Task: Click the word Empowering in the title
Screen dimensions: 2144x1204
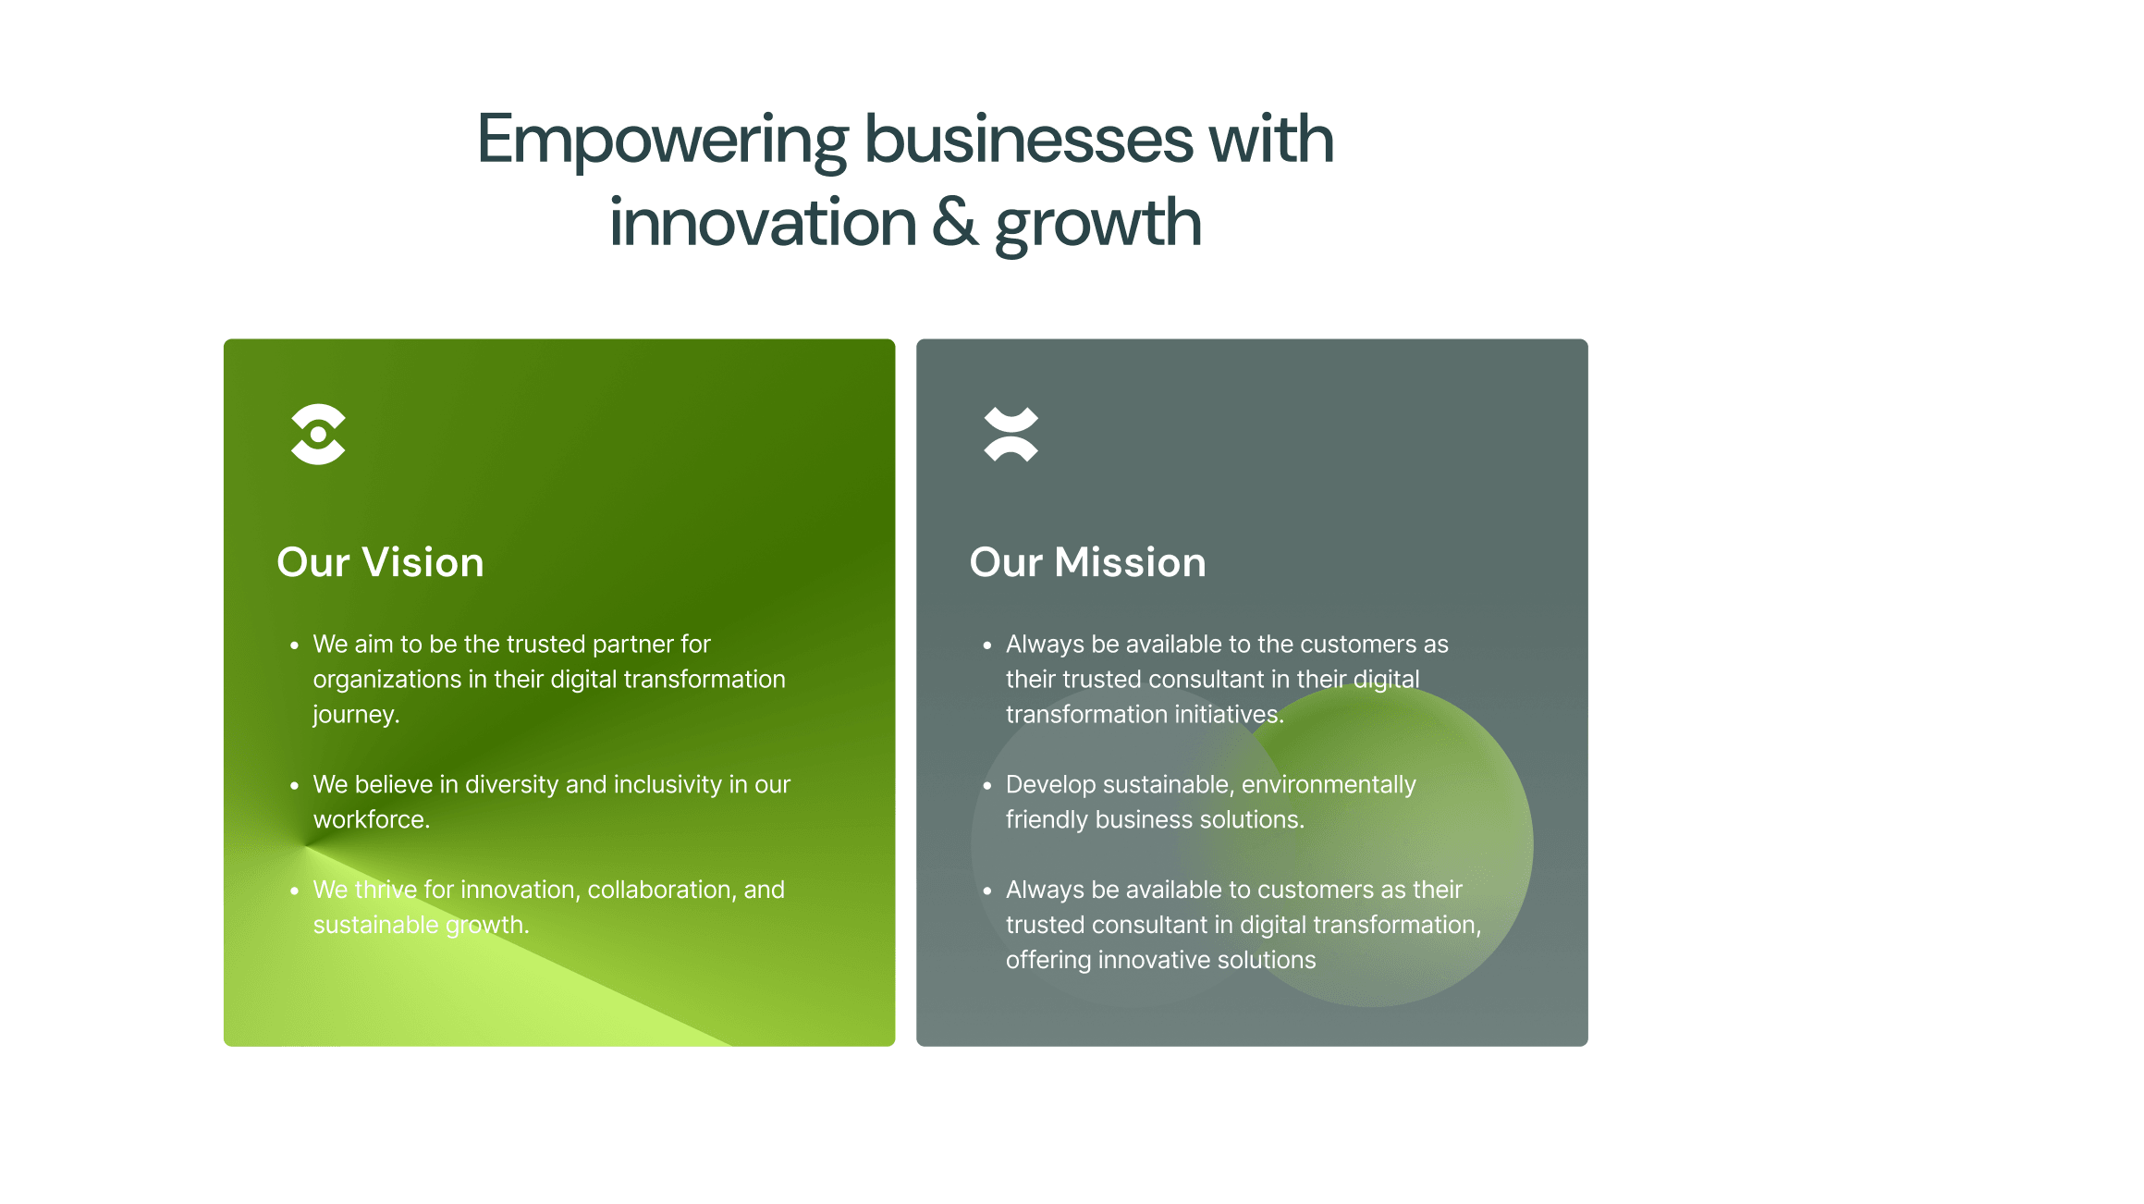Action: tap(662, 141)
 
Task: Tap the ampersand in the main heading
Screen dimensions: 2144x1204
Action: tap(954, 222)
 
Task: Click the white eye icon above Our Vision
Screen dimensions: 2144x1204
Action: tap(318, 434)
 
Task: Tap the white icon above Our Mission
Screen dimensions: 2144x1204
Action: tap(1011, 434)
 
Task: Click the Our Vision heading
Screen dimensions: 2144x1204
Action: tap(380, 562)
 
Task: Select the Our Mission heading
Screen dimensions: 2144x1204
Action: tap(1087, 562)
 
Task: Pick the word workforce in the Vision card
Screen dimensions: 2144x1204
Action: tap(370, 819)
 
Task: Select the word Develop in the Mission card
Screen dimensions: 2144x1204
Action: tap(1051, 785)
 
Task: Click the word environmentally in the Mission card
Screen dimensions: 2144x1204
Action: tap(1329, 785)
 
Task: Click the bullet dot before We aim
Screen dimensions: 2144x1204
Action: tap(294, 645)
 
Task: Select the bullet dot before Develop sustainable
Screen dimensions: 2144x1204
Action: tap(987, 785)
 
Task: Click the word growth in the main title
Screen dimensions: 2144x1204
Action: tap(1098, 225)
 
